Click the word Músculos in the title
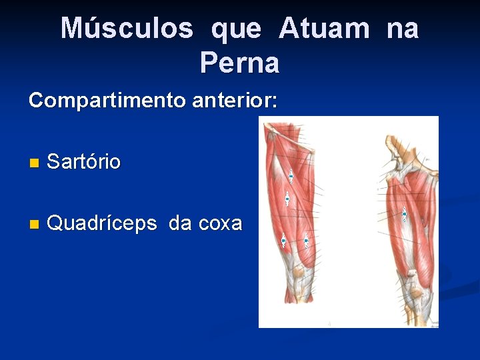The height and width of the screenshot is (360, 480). tap(127, 29)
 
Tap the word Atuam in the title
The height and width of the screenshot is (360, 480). tap(324, 29)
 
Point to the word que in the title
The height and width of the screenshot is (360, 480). tap(236, 30)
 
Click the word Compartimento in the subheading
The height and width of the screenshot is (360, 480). tap(107, 101)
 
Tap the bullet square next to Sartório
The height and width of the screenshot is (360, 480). tap(34, 163)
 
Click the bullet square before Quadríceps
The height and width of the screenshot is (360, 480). tap(34, 224)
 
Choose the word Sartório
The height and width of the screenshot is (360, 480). tap(84, 161)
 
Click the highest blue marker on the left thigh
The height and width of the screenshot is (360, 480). tap(291, 177)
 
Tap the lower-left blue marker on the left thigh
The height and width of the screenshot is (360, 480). tap(283, 241)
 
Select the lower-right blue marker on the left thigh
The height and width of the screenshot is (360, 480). tap(306, 241)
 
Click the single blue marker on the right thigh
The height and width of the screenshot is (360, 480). tap(404, 214)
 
